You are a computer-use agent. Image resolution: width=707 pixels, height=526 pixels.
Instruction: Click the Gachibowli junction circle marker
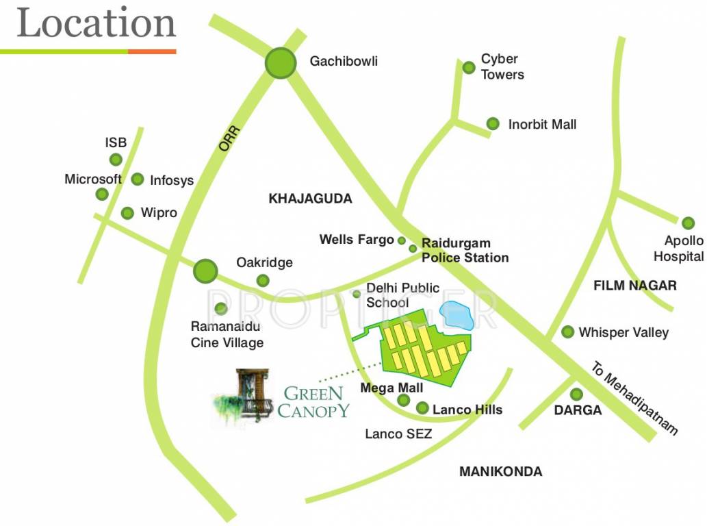coord(281,63)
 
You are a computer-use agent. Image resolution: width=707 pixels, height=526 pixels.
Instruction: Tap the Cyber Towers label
coord(502,66)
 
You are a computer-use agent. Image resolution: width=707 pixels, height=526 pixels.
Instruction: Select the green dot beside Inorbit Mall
coord(493,124)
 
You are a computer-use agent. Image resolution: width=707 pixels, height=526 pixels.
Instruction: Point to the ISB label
coord(116,142)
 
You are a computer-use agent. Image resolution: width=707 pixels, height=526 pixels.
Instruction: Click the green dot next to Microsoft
coord(102,194)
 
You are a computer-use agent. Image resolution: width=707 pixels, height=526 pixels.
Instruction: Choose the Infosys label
coord(172,181)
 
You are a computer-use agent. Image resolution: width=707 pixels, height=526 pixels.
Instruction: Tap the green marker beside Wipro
coord(127,213)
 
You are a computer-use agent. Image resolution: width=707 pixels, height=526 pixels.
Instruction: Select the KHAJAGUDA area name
coord(310,199)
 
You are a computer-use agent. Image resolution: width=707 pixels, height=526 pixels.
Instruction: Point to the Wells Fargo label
coord(357,240)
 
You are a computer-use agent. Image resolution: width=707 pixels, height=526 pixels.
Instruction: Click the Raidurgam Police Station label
coord(465,251)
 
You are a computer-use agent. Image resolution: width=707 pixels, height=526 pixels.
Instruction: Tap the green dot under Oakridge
coord(263,280)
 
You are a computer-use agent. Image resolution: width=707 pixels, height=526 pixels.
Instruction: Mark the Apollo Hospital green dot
coord(688,223)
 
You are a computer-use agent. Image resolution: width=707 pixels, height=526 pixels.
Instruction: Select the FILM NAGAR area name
coord(635,286)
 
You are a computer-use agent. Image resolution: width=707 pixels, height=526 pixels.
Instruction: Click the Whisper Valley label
coord(624,332)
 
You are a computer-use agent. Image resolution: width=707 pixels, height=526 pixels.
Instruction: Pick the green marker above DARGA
coord(576,394)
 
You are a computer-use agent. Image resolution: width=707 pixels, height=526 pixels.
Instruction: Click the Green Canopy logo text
coord(313,402)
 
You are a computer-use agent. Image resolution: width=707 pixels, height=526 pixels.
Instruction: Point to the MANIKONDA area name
coord(501,471)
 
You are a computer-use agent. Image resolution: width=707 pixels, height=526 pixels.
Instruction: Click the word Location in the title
coord(97,23)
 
